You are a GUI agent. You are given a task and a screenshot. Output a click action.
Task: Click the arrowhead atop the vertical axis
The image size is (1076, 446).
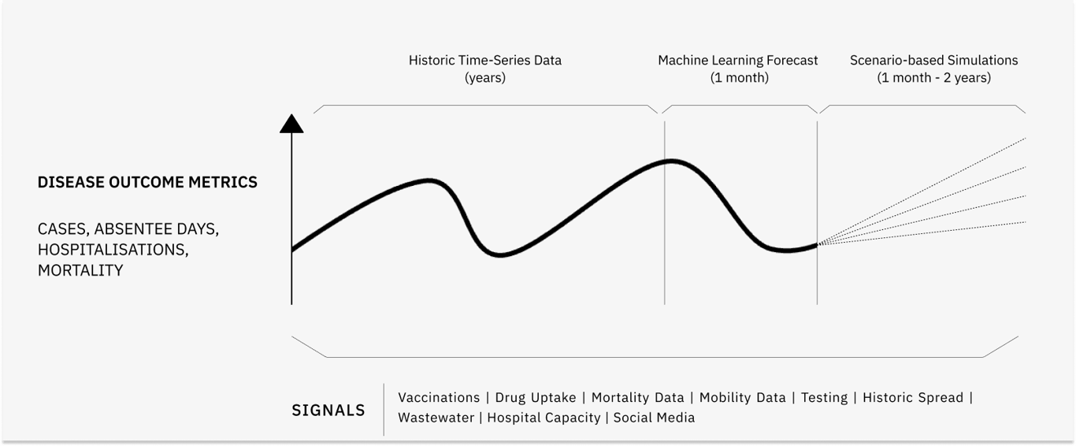[x=291, y=124]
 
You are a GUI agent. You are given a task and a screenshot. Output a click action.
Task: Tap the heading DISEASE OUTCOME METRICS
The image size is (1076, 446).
[x=147, y=182]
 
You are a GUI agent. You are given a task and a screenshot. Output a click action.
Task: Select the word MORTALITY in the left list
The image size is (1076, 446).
[x=80, y=270]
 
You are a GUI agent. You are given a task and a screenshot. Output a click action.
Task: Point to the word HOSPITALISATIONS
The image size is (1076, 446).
[x=111, y=250]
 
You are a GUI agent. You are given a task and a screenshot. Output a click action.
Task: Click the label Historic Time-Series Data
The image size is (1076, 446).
[x=485, y=60]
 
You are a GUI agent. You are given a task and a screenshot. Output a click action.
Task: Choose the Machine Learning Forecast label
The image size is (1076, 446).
[x=738, y=61]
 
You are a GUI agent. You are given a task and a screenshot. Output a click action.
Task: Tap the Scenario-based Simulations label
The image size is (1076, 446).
[x=933, y=60]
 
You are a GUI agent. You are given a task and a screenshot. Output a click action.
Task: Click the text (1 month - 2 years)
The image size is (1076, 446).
[x=933, y=77]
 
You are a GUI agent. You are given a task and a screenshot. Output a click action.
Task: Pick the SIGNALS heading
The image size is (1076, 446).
[x=328, y=410]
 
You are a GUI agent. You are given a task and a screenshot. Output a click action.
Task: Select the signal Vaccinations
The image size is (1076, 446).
[x=439, y=397]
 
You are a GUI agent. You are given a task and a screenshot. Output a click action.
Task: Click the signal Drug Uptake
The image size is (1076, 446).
[x=536, y=398]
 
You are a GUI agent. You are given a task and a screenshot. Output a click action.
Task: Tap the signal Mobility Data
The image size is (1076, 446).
[x=743, y=397]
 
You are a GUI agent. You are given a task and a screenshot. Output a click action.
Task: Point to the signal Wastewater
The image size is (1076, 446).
[x=436, y=418]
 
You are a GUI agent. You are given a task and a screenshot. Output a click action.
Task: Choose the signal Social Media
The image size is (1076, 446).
[x=655, y=418]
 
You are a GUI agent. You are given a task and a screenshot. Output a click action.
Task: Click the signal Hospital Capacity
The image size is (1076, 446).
[x=544, y=418]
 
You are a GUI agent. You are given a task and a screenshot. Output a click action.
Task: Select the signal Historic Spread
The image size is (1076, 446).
[x=913, y=397]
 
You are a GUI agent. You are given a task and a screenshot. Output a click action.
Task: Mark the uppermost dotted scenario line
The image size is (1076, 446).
[x=922, y=191]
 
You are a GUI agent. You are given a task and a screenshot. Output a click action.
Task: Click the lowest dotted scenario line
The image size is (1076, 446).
[x=922, y=233]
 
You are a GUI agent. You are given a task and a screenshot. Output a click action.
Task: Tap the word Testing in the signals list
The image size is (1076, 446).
[x=824, y=398]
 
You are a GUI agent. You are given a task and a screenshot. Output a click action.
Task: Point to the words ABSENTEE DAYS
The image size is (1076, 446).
[x=156, y=229]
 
